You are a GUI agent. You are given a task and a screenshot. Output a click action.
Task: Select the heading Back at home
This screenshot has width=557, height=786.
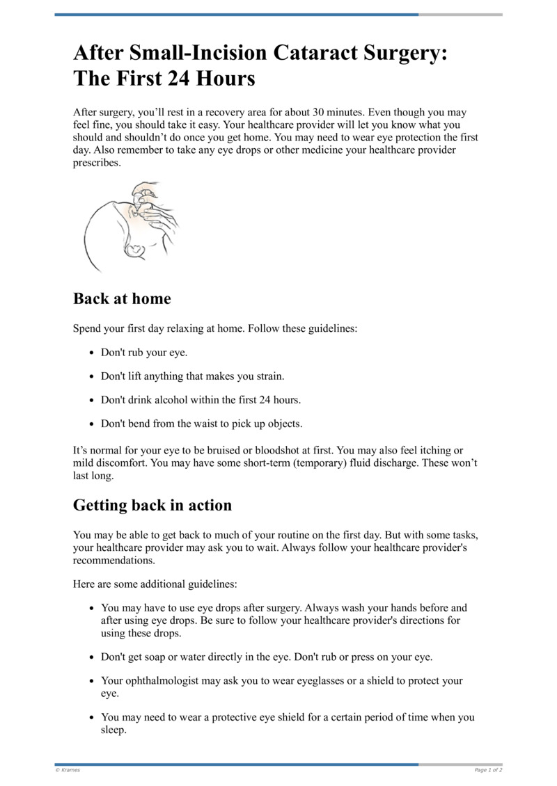(x=122, y=298)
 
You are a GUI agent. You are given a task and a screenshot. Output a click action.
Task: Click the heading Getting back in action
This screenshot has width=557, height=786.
(x=152, y=505)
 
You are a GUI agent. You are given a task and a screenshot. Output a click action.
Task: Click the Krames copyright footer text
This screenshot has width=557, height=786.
(x=68, y=770)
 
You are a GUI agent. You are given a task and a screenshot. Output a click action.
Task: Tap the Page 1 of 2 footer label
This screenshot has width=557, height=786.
(x=488, y=770)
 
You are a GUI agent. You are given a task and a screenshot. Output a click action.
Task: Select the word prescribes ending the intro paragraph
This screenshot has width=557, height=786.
(x=97, y=163)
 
